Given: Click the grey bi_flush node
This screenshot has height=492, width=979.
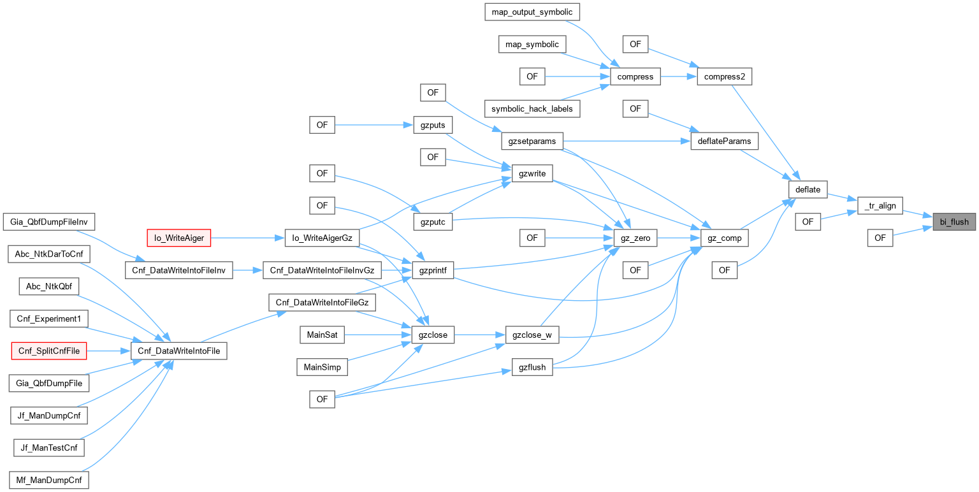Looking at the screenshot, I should point(954,222).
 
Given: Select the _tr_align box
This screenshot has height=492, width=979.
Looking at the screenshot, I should point(880,205).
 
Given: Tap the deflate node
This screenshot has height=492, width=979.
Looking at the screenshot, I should point(808,189).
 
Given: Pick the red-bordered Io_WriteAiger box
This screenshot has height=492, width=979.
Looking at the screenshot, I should point(179,238).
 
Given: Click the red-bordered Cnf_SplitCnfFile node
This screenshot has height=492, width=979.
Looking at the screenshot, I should point(49,351).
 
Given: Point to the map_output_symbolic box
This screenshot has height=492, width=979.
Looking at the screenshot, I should point(533,11).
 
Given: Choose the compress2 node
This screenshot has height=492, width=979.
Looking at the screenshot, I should point(725,77).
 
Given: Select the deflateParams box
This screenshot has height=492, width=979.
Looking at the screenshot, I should point(724,141).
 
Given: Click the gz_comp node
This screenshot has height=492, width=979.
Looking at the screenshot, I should point(724,238).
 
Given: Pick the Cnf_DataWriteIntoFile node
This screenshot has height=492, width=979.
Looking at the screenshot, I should point(178,351).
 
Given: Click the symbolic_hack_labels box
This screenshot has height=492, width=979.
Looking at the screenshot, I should point(532,109).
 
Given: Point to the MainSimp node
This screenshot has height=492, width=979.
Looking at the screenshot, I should point(322,367).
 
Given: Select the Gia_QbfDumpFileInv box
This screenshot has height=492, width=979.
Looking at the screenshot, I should point(49,222).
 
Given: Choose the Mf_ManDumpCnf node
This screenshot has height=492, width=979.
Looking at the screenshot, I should point(49,480).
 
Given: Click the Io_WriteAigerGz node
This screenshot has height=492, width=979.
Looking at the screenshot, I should point(322,238).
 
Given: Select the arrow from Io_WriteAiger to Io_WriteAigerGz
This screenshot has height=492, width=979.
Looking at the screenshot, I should point(248,238).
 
